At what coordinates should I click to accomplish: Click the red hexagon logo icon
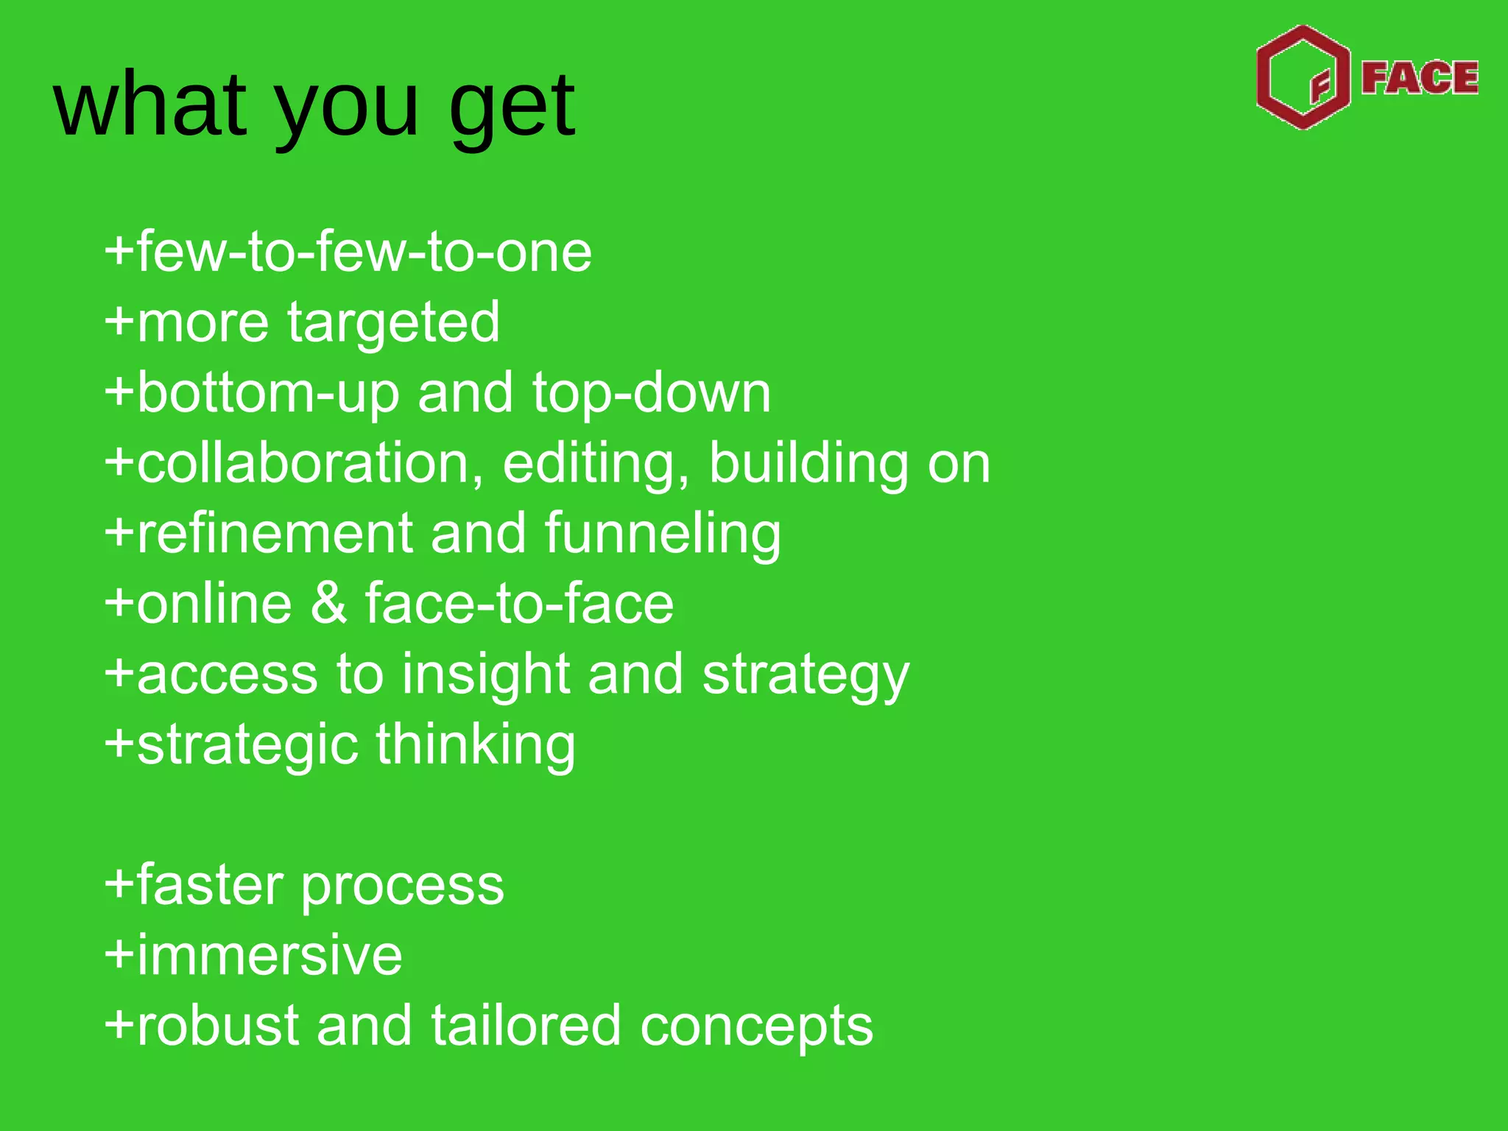[1303, 77]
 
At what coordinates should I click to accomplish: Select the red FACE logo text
[1419, 78]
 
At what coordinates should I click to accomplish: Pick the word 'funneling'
[663, 534]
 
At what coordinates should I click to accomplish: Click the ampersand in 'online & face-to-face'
[328, 604]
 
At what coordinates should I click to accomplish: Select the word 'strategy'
[806, 676]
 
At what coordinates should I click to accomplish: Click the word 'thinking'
[476, 745]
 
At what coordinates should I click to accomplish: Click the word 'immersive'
[269, 956]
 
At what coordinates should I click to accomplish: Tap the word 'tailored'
[526, 1026]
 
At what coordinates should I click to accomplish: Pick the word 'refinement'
[275, 534]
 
